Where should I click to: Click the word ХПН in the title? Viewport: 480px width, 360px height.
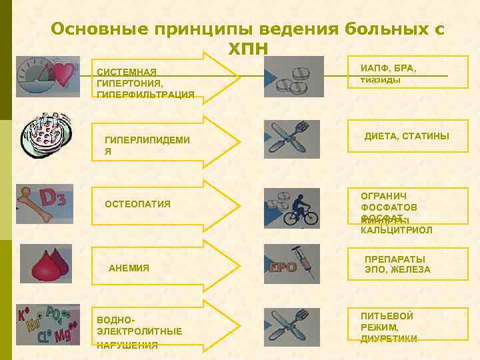point(248,49)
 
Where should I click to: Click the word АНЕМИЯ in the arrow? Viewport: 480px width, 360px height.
point(129,268)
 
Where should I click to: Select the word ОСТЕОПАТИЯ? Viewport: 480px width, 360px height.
point(138,204)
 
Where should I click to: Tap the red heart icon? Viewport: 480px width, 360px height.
point(65,73)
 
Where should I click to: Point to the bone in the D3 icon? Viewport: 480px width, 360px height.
point(33,204)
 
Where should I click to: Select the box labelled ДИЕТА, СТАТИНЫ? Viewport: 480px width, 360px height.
point(406,137)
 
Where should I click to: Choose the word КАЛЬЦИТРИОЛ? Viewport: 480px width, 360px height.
point(396,230)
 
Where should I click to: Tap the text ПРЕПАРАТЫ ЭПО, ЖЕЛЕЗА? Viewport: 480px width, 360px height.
point(397,264)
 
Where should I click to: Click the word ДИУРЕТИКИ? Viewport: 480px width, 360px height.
point(389,339)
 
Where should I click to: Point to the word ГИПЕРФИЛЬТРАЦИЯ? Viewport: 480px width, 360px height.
point(145,95)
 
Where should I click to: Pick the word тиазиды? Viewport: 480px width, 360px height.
point(380,79)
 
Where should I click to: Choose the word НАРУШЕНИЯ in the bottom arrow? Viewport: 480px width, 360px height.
point(127,345)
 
